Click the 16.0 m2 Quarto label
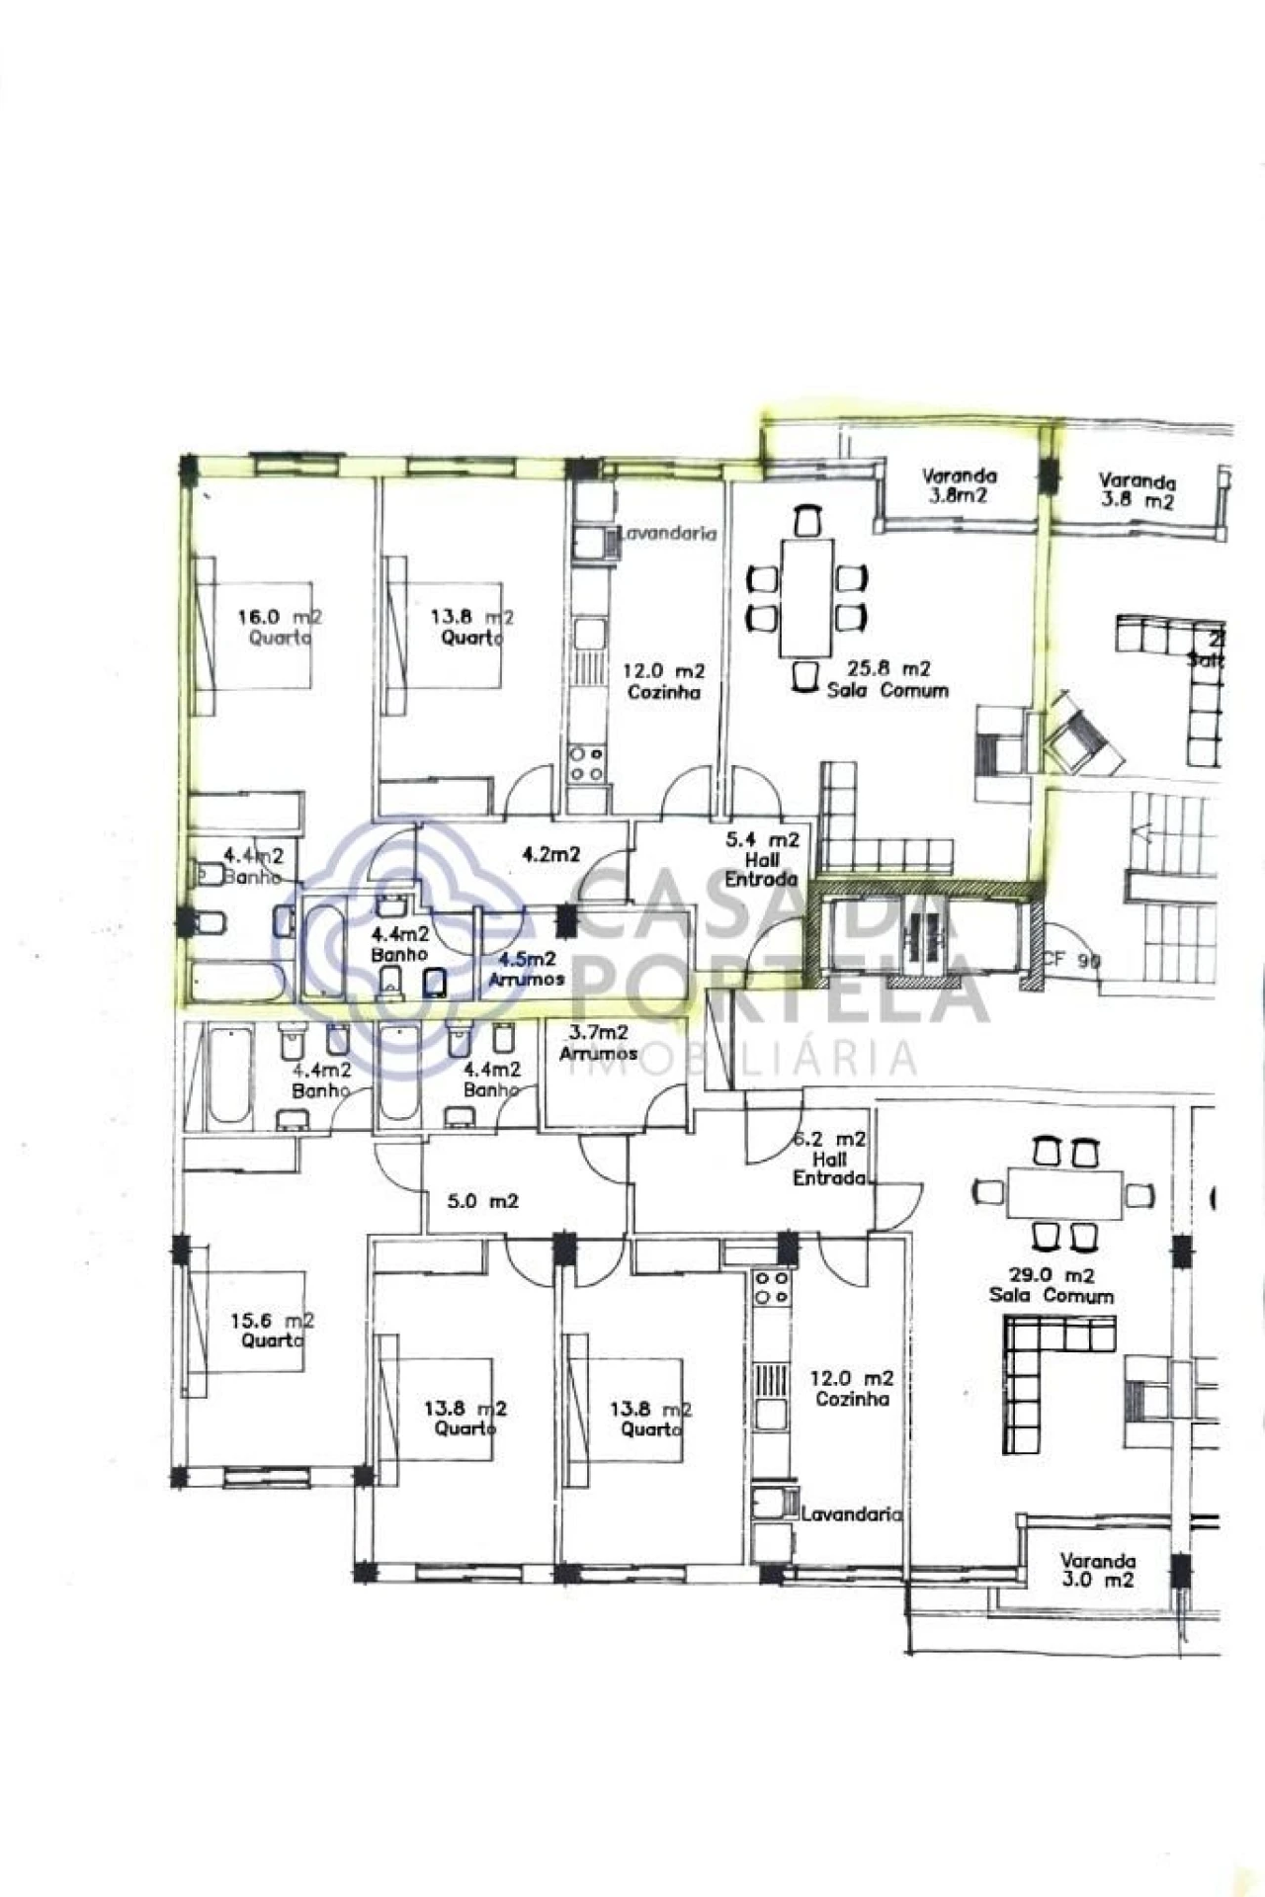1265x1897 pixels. click(279, 627)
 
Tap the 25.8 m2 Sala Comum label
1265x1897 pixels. click(886, 680)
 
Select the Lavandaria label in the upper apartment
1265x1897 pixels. click(667, 533)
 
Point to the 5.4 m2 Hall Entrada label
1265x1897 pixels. click(762, 859)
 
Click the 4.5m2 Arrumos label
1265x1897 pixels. click(527, 969)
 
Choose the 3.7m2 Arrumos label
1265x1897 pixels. click(598, 1043)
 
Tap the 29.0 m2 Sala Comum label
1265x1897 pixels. click(1052, 1285)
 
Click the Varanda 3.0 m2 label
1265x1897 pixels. click(1097, 1570)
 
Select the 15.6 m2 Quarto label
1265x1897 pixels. click(272, 1330)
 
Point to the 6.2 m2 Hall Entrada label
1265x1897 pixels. click(830, 1159)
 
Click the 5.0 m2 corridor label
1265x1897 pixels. click(483, 1202)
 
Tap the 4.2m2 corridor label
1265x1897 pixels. click(550, 854)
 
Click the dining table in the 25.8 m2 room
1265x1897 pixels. click(805, 597)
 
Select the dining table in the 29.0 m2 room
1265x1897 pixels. click(1065, 1194)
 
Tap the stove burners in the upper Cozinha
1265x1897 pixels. click(587, 764)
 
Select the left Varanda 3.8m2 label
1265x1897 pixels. click(958, 485)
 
